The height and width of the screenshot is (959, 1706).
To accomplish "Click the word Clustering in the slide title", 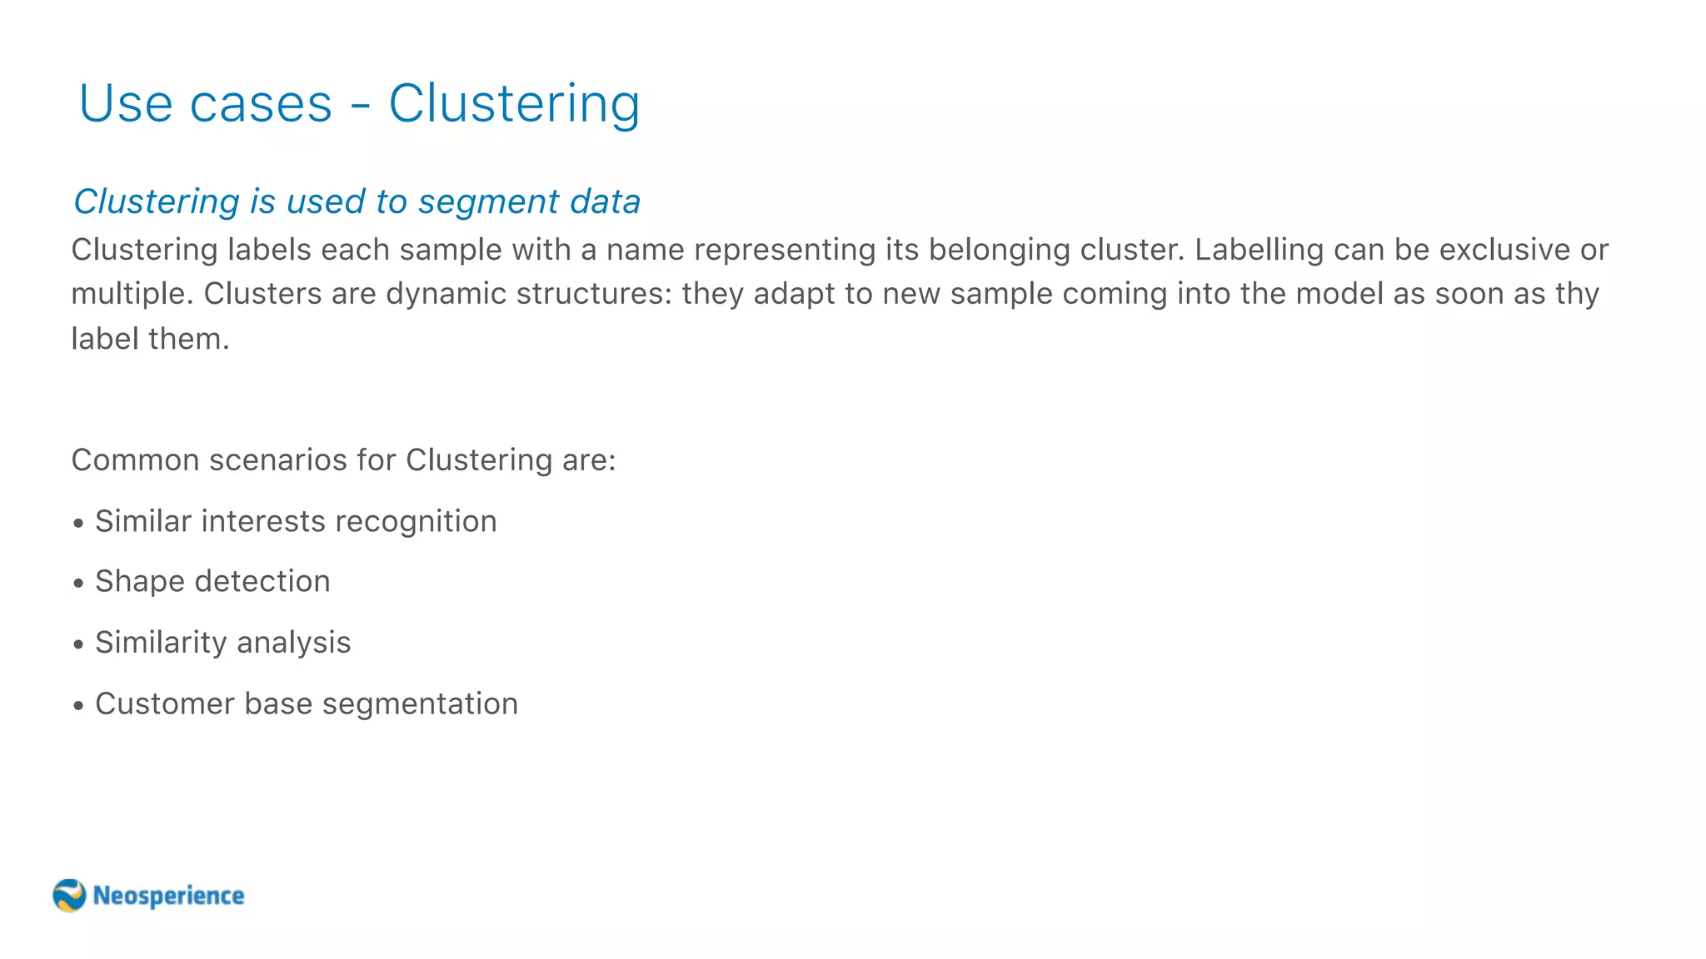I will (514, 104).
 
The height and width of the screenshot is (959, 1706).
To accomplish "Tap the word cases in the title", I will (261, 106).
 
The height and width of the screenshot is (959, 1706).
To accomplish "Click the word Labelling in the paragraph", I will (1259, 250).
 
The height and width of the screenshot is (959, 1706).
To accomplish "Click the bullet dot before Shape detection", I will (78, 584).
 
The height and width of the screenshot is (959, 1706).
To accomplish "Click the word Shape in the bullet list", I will (140, 582).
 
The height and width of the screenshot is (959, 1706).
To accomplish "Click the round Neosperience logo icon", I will (69, 896).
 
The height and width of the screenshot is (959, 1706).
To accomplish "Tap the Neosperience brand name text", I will (168, 896).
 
